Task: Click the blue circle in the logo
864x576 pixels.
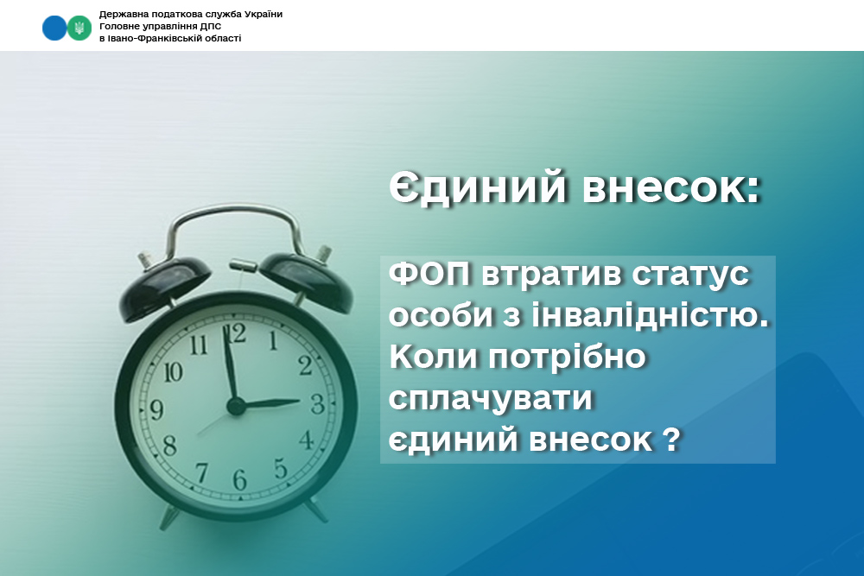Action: coord(54,28)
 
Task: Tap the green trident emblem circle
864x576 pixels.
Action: coord(79,28)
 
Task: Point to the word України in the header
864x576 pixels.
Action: coord(263,14)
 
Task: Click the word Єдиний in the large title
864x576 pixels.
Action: coord(478,187)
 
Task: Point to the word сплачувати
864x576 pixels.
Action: coord(491,398)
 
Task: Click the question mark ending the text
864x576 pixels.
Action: coord(670,439)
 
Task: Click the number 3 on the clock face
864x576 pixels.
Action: coord(317,403)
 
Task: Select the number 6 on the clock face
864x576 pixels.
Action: coord(239,479)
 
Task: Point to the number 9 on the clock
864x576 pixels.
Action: coord(157,409)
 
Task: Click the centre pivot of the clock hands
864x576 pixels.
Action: coord(236,407)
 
